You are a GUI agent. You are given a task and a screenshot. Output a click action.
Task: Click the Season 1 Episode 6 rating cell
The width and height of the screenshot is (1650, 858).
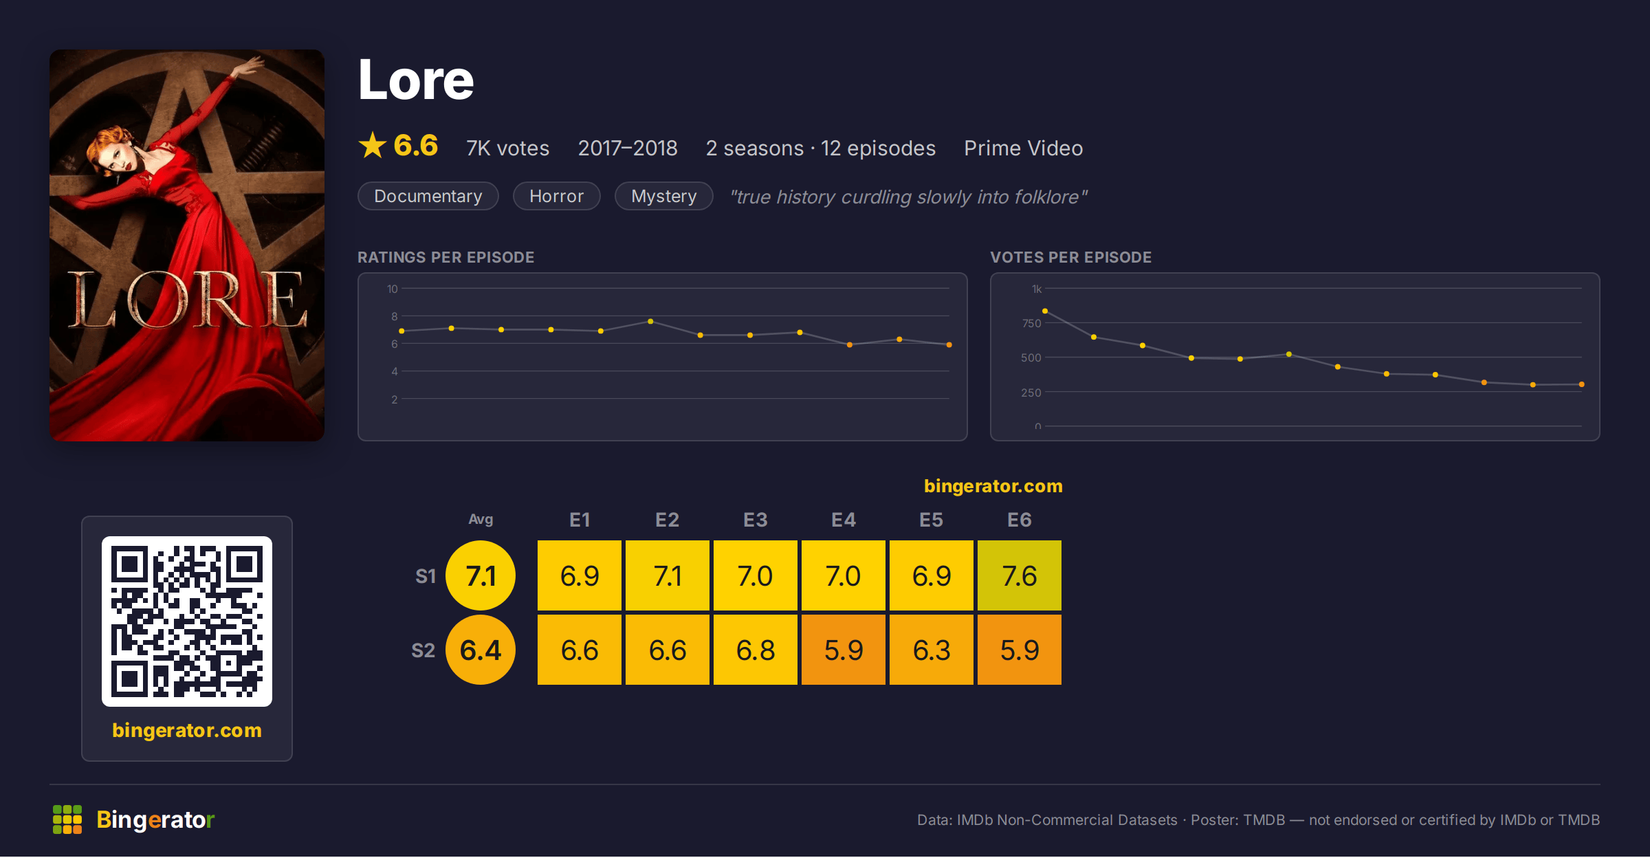coord(1020,575)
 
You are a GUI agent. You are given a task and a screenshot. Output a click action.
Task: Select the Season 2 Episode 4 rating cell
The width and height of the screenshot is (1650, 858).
coord(844,650)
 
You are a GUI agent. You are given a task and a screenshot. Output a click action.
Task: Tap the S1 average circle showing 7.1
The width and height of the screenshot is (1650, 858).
coord(481,575)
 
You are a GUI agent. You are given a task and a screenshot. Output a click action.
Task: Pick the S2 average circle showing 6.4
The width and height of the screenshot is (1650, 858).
coord(481,650)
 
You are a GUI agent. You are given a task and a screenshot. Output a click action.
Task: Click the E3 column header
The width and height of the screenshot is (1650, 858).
coord(756,520)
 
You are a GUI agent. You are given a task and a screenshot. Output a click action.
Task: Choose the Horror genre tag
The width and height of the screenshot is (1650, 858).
coord(557,196)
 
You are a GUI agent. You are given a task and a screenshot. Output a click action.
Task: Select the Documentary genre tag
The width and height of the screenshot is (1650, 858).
coord(428,196)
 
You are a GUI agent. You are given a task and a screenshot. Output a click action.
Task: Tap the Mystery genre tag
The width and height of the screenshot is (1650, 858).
coord(664,196)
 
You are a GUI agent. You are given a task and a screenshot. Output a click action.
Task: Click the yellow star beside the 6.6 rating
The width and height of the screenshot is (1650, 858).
coord(373,145)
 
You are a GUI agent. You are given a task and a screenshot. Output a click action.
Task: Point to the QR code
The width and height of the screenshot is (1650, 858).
coord(187,621)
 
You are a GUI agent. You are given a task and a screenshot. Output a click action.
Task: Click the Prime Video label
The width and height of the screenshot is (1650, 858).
coord(1024,148)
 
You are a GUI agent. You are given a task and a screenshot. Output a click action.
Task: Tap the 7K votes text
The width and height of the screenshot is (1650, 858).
coord(508,148)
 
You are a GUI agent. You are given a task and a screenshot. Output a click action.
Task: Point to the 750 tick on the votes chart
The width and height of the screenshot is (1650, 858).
coord(1031,323)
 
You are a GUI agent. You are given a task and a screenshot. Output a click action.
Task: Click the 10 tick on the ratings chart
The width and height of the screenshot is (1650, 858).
coord(392,289)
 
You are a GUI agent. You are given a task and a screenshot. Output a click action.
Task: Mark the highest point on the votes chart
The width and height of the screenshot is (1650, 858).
coord(1045,311)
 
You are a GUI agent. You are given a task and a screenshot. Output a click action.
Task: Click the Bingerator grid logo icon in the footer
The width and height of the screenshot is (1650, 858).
coord(67,819)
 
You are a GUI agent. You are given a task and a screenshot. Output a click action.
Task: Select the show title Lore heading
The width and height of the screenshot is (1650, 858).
coord(416,80)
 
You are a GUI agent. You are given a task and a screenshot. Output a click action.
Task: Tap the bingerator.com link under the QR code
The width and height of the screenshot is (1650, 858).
coord(187,730)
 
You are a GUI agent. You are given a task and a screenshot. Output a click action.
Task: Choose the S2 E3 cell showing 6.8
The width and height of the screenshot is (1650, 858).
coord(756,650)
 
